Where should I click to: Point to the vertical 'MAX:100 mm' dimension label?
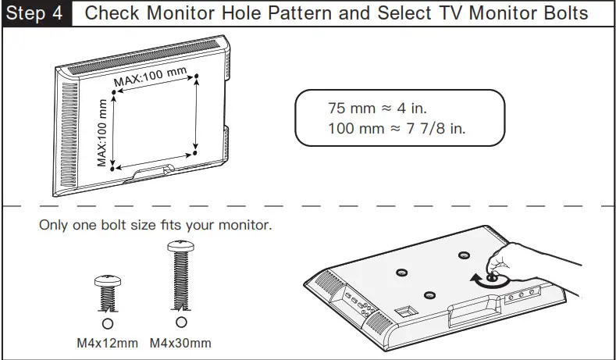coord(102,134)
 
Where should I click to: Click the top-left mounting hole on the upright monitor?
coord(114,93)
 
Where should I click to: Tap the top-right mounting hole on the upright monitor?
coord(196,77)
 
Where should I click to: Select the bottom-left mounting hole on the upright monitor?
coord(113,168)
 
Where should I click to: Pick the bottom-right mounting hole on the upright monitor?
coord(194,153)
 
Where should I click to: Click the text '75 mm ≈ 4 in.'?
coord(378,109)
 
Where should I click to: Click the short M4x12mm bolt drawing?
coord(106,292)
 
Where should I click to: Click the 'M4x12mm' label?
coord(108,343)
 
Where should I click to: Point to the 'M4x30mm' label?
coord(180,343)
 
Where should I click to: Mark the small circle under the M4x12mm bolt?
coord(107,323)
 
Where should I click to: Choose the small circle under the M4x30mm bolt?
coord(181,322)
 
